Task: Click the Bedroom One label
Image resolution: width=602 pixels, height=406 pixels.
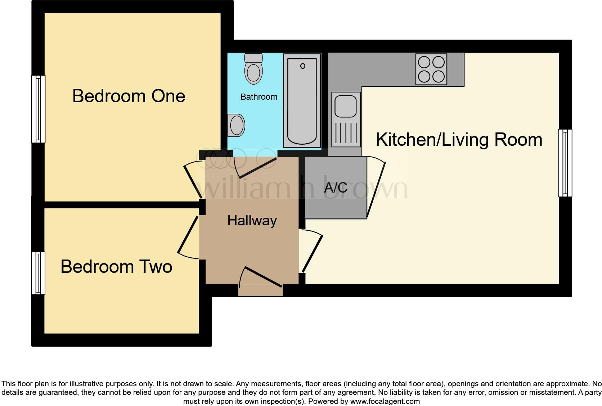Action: [x=129, y=96]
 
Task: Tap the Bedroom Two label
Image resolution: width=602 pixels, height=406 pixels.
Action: [x=116, y=267]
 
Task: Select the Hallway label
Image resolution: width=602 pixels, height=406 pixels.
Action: [x=252, y=220]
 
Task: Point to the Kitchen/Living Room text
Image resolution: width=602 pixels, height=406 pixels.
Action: [x=459, y=140]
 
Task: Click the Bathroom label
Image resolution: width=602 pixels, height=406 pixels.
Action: [x=259, y=97]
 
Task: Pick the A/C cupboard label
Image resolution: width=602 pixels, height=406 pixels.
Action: [x=336, y=188]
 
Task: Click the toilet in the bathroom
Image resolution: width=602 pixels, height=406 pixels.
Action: [x=253, y=69]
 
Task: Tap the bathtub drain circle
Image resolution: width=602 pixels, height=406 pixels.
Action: [x=302, y=66]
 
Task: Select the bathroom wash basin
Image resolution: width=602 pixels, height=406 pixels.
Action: [x=236, y=125]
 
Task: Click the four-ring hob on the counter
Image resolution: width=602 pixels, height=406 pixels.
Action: [x=431, y=69]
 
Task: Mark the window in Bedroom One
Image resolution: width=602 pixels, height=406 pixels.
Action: [x=38, y=109]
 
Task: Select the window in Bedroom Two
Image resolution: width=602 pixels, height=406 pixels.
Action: [x=38, y=273]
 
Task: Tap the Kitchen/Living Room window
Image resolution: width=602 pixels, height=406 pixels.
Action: [x=565, y=163]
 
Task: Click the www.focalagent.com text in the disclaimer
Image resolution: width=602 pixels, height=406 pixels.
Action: [x=385, y=401]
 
